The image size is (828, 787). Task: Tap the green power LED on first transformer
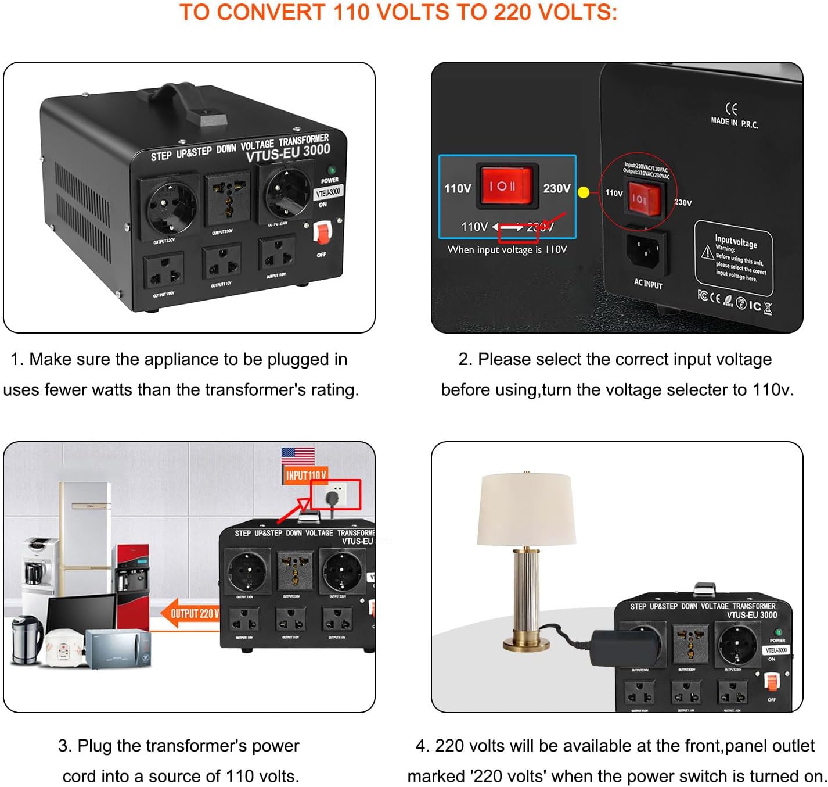332,170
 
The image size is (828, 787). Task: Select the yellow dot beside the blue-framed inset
584,192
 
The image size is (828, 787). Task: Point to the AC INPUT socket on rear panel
646,252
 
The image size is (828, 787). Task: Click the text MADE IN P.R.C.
734,122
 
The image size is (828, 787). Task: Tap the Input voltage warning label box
734,258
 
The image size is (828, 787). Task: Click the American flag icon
298,455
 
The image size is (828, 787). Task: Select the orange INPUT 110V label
306,475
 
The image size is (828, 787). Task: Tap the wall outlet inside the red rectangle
334,495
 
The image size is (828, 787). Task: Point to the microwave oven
118,648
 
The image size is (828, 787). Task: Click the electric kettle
26,639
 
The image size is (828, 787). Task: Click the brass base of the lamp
526,643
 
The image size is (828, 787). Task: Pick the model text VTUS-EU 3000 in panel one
288,153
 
